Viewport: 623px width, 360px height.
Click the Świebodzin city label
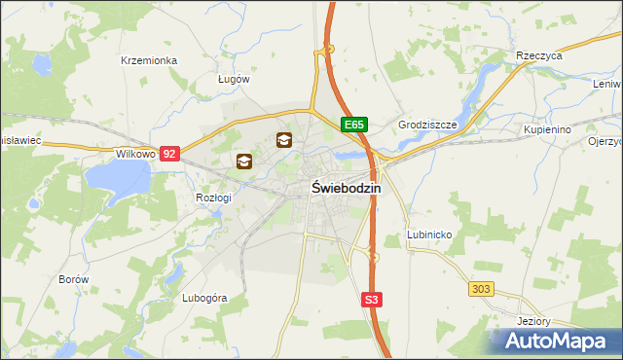tap(346, 189)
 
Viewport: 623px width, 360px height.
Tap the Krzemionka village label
tap(149, 60)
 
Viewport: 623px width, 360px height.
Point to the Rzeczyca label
tap(540, 56)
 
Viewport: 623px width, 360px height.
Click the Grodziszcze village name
tap(427, 126)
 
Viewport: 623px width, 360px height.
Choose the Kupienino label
tap(546, 128)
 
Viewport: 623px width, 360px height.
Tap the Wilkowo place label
tap(136, 154)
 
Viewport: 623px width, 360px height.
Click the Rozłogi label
tap(213, 198)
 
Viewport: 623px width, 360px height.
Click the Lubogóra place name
tap(204, 298)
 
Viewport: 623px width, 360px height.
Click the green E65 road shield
tap(353, 126)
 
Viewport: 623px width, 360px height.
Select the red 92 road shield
tap(170, 154)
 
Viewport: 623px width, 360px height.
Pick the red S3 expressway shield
tap(371, 301)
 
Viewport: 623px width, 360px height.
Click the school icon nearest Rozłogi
tap(243, 162)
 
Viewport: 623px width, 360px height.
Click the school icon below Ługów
tap(284, 140)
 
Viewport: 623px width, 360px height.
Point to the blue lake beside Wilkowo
tap(117, 178)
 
